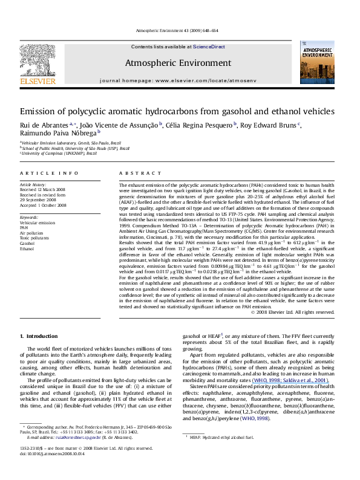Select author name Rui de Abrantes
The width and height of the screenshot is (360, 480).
[x=42, y=126]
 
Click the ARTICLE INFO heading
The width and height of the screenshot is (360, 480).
[x=40, y=174]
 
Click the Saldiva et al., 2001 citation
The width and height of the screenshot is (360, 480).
[x=297, y=380]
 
